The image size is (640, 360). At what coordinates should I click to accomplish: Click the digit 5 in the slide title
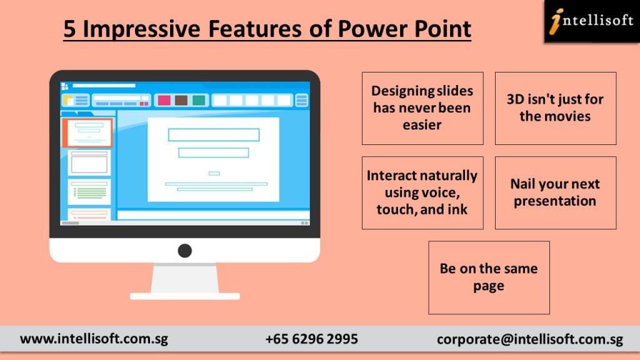70,29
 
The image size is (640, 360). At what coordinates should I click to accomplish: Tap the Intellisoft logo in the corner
592,21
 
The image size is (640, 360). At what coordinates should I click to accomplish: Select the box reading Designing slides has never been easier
422,108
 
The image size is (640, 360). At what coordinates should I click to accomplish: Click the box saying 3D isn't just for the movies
556,108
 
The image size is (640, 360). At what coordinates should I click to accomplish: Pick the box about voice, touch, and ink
422,192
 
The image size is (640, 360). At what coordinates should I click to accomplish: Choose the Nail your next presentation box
556,192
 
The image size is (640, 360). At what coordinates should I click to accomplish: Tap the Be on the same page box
489,277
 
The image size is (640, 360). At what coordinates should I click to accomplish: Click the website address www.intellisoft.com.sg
94,339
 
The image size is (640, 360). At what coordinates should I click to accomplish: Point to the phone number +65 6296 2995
312,339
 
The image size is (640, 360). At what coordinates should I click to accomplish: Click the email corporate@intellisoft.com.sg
530,339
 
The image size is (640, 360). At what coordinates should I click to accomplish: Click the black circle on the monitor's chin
185,251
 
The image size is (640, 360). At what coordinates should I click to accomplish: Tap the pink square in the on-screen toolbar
164,100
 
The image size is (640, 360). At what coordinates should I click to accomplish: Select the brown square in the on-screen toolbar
181,100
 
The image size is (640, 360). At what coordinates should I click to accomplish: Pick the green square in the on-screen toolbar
199,100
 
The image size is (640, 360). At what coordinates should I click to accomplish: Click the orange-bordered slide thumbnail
87,132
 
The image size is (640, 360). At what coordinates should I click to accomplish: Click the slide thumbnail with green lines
89,191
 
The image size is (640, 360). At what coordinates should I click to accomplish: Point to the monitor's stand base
185,296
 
